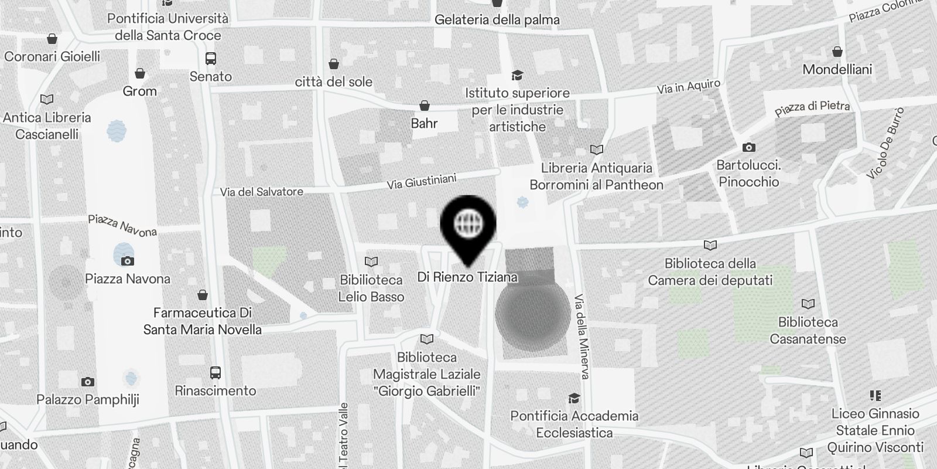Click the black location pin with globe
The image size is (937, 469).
pyautogui.click(x=468, y=223)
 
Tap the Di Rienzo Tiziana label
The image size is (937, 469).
pyautogui.click(x=467, y=277)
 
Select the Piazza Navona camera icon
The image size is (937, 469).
pyautogui.click(x=128, y=261)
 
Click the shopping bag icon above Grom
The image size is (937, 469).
pyautogui.click(x=140, y=73)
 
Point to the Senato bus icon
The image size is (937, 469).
pyautogui.click(x=211, y=59)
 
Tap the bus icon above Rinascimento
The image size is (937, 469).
pyautogui.click(x=215, y=373)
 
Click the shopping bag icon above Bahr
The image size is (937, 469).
pyautogui.click(x=424, y=106)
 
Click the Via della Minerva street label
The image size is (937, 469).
pyautogui.click(x=582, y=336)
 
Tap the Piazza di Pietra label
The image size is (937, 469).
pyautogui.click(x=812, y=108)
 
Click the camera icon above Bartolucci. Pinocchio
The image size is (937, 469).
pyautogui.click(x=748, y=147)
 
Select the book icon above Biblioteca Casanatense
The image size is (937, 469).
pyautogui.click(x=808, y=304)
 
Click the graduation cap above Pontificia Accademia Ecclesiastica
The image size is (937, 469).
pyautogui.click(x=574, y=398)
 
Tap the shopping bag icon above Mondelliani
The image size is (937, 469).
pyautogui.click(x=837, y=52)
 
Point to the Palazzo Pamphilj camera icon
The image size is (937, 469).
pyautogui.click(x=88, y=382)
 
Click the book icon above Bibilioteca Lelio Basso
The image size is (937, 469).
pyautogui.click(x=371, y=261)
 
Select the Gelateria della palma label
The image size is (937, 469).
pyautogui.click(x=497, y=20)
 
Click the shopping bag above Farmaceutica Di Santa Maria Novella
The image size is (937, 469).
pyautogui.click(x=203, y=294)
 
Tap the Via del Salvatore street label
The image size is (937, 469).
pyautogui.click(x=262, y=192)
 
